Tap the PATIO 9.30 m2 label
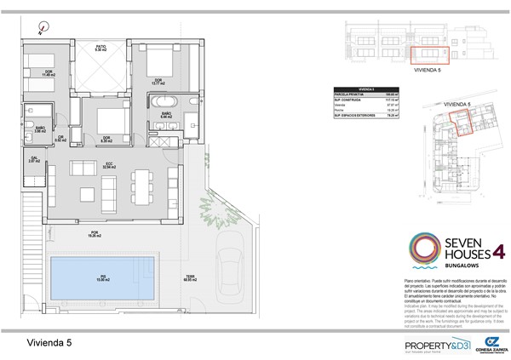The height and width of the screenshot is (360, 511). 100,49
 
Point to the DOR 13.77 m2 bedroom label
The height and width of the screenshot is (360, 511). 158,81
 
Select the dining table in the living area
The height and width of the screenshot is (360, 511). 141,180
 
